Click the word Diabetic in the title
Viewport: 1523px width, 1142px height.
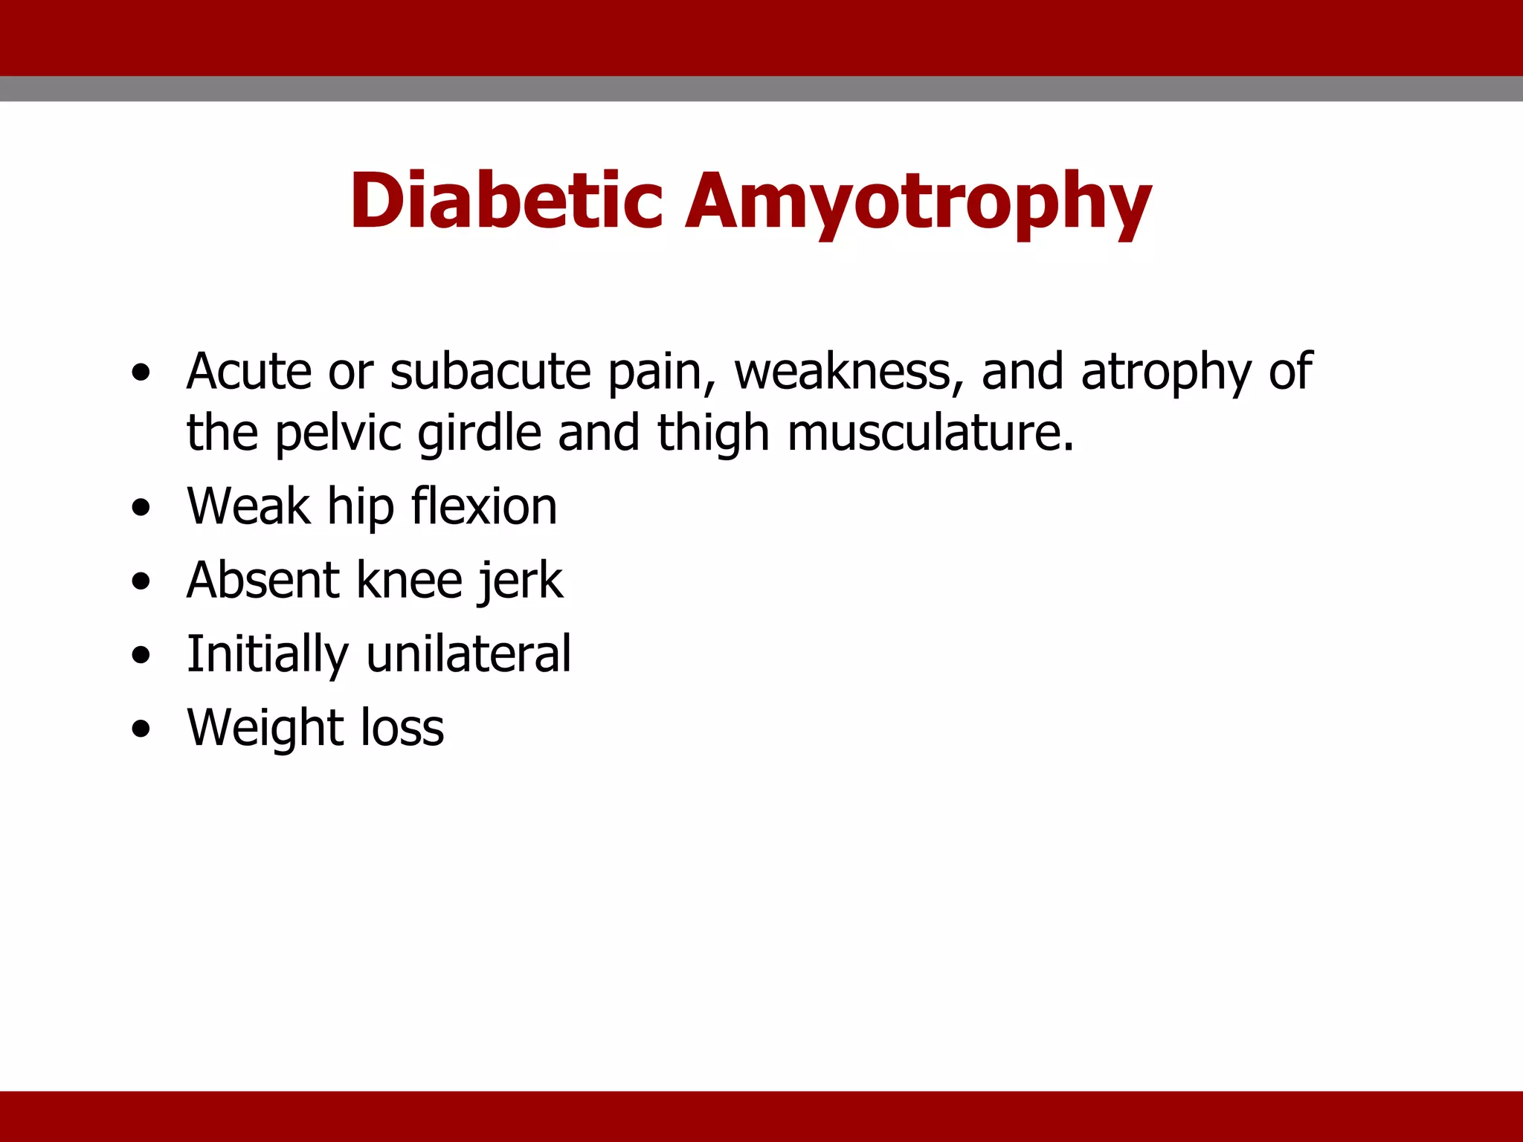[506, 201]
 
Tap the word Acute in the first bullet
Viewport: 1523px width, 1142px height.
[249, 371]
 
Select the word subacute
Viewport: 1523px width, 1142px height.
[490, 371]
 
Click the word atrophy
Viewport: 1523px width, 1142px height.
[1166, 372]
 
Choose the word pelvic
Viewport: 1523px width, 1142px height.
[338, 433]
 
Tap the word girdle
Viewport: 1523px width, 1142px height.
[479, 433]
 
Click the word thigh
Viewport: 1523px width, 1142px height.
[713, 433]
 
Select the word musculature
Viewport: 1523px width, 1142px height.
[930, 433]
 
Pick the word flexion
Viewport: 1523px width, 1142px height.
[483, 506]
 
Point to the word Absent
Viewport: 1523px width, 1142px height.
[263, 580]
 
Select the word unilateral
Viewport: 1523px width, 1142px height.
[469, 654]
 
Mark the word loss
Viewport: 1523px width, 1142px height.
[402, 728]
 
